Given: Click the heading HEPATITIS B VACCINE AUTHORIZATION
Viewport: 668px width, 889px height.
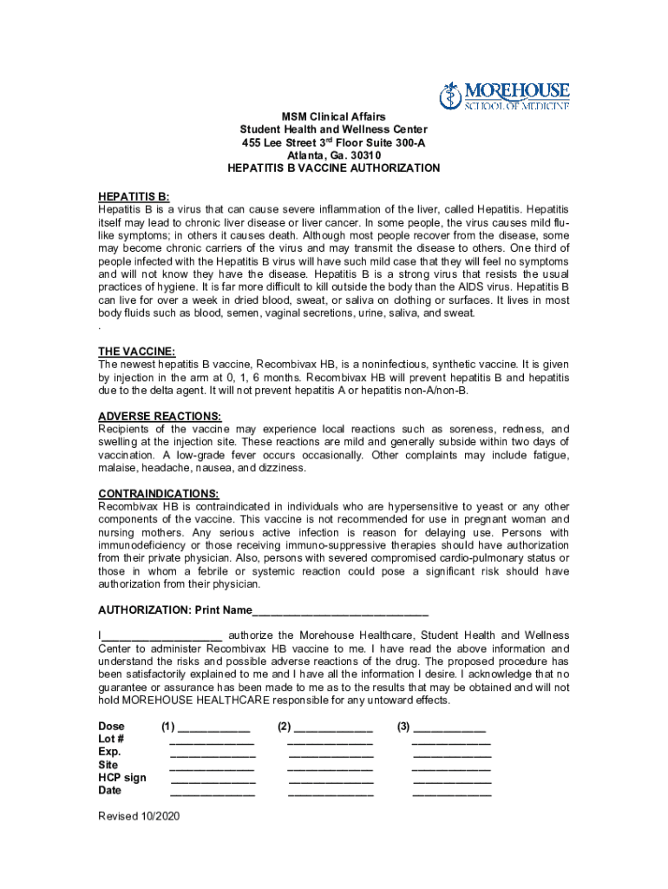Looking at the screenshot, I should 333,168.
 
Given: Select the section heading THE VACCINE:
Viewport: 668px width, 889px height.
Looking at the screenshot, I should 137,352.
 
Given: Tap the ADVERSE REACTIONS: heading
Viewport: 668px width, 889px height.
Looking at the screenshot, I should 160,416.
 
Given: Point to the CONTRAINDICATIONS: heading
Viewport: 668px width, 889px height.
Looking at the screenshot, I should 158,493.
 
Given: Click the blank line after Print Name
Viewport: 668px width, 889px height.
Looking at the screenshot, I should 340,610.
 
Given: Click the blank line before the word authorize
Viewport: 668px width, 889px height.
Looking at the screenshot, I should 162,636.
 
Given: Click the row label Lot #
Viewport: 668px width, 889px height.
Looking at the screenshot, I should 111,739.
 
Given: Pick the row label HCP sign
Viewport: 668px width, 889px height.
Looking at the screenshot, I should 122,778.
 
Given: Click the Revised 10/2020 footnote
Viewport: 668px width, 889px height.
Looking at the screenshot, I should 139,816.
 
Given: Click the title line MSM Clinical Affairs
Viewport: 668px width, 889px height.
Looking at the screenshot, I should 333,116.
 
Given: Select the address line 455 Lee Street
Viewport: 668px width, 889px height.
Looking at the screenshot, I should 333,142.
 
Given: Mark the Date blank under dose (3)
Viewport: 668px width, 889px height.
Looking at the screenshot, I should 451,791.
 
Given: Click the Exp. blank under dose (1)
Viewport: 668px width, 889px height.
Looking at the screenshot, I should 213,753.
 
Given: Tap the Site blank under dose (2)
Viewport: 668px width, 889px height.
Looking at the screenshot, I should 331,766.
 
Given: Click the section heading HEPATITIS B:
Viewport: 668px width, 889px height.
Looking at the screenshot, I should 134,197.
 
